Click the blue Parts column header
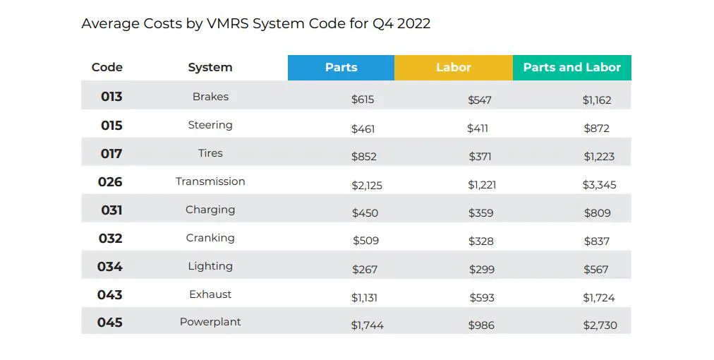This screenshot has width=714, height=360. [341, 68]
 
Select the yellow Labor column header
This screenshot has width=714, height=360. [453, 68]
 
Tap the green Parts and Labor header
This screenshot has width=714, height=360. [571, 68]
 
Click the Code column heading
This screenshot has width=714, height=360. [107, 68]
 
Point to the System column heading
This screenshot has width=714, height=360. [210, 68]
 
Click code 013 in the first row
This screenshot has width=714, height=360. [111, 97]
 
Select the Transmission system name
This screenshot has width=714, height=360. [210, 181]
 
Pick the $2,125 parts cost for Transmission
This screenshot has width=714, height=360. [367, 185]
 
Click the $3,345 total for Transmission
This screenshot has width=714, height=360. [599, 185]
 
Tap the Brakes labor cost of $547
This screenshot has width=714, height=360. [480, 100]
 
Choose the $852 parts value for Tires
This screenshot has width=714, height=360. [364, 157]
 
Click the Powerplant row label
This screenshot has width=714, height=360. [210, 322]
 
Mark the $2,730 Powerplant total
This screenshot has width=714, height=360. [599, 325]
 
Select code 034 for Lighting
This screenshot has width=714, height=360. [110, 266]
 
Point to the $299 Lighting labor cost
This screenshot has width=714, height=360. [482, 270]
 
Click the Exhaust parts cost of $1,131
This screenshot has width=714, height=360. [364, 298]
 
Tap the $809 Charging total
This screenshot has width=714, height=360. [597, 213]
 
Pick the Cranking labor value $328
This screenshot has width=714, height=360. [481, 241]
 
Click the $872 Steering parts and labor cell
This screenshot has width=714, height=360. [596, 128]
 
